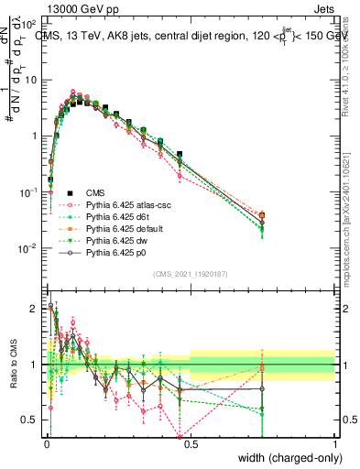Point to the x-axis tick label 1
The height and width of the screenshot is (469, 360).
[334, 443]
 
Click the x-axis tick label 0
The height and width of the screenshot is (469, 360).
[46, 443]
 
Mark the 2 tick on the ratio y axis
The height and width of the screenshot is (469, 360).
[35, 309]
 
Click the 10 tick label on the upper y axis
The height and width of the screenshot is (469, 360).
[31, 80]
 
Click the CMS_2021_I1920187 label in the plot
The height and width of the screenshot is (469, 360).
[190, 274]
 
